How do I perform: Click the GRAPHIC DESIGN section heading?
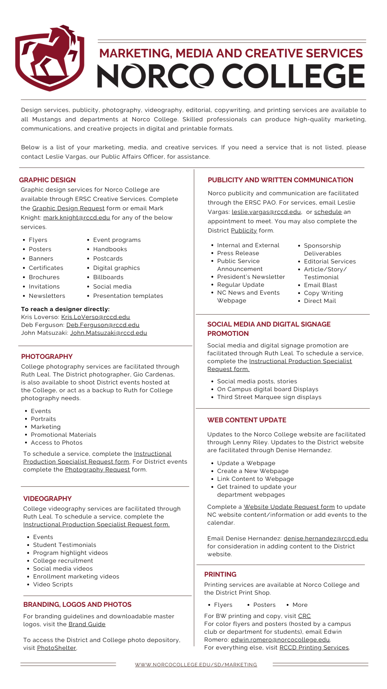[x=47, y=180]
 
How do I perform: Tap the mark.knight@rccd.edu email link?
[x=77, y=218]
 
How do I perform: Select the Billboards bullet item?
[x=108, y=277]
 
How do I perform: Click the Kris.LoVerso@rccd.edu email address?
[x=96, y=317]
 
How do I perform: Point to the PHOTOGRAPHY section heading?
[x=47, y=357]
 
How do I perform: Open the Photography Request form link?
[x=97, y=470]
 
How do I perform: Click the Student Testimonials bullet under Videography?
[x=64, y=545]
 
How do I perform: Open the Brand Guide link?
[x=87, y=624]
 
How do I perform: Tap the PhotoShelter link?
[x=57, y=648]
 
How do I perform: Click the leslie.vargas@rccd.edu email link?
[x=266, y=212]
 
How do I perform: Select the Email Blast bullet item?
[x=320, y=285]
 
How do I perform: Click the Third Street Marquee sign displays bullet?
[x=269, y=397]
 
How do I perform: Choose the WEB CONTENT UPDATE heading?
[x=247, y=420]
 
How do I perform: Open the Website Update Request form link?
[x=289, y=507]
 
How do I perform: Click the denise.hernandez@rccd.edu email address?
[x=326, y=539]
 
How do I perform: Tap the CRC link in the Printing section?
[x=305, y=616]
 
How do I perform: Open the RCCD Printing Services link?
[x=314, y=648]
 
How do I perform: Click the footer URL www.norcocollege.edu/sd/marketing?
[x=196, y=665]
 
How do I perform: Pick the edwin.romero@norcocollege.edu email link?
[x=280, y=640]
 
